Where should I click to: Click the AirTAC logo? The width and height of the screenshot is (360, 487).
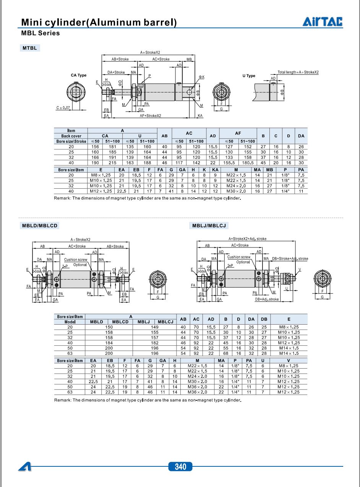click(323, 21)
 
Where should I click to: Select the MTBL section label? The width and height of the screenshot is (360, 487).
click(30, 48)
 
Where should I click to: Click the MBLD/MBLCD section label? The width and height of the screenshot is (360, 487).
click(40, 225)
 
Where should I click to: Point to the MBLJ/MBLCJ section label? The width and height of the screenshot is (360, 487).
click(209, 225)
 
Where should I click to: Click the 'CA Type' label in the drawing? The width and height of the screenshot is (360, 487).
click(78, 75)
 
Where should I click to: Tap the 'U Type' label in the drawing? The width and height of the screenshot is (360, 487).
click(249, 76)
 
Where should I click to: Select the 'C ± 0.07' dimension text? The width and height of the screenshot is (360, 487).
click(63, 108)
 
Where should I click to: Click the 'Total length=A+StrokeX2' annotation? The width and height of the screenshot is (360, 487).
click(298, 72)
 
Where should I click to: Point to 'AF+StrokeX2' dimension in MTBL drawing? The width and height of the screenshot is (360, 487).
click(150, 116)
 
